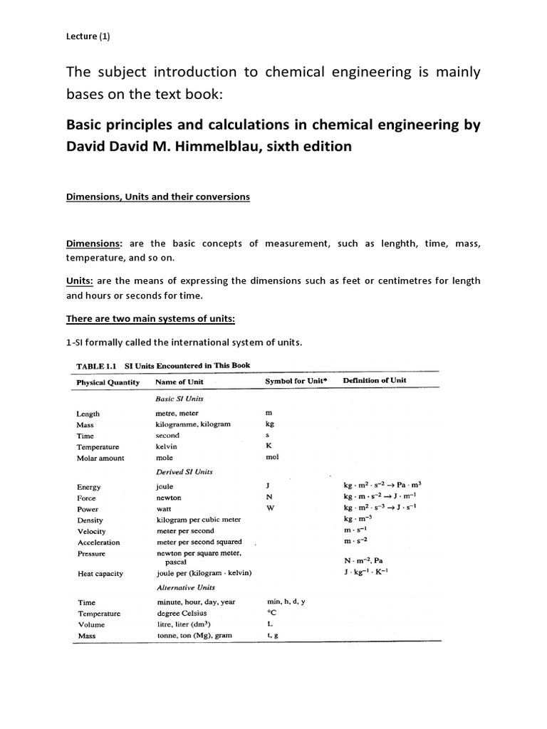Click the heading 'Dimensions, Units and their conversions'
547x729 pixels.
(x=157, y=197)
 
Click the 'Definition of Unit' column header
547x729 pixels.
(x=375, y=380)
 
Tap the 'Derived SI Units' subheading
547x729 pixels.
(x=184, y=472)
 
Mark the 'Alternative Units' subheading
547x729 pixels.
(x=186, y=587)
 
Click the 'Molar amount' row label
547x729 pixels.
(x=100, y=458)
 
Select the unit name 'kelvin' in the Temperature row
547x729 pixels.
(x=167, y=446)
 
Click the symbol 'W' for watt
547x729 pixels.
(x=270, y=508)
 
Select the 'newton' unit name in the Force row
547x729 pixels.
(x=169, y=498)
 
